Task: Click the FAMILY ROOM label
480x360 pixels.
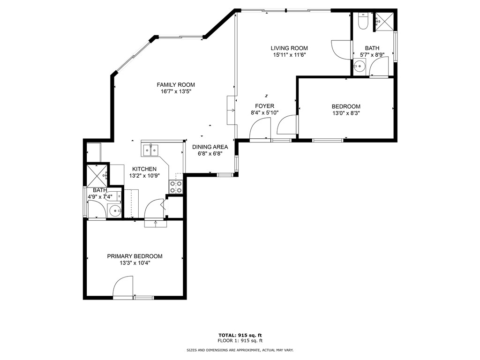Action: pyautogui.click(x=176, y=85)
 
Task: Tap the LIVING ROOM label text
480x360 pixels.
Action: pyautogui.click(x=289, y=48)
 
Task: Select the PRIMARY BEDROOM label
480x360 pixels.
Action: pyautogui.click(x=135, y=256)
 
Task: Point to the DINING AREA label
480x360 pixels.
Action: pyautogui.click(x=210, y=147)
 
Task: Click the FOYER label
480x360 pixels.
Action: pyautogui.click(x=264, y=106)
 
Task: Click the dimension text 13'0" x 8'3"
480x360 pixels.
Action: pyautogui.click(x=346, y=112)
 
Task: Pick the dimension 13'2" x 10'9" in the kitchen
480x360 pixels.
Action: pyautogui.click(x=144, y=176)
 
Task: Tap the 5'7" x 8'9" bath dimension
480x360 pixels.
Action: pyautogui.click(x=372, y=54)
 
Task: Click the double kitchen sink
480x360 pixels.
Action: pyautogui.click(x=150, y=150)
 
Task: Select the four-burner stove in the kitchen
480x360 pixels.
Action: pyautogui.click(x=176, y=187)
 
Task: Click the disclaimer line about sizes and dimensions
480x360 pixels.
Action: pyautogui.click(x=240, y=350)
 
